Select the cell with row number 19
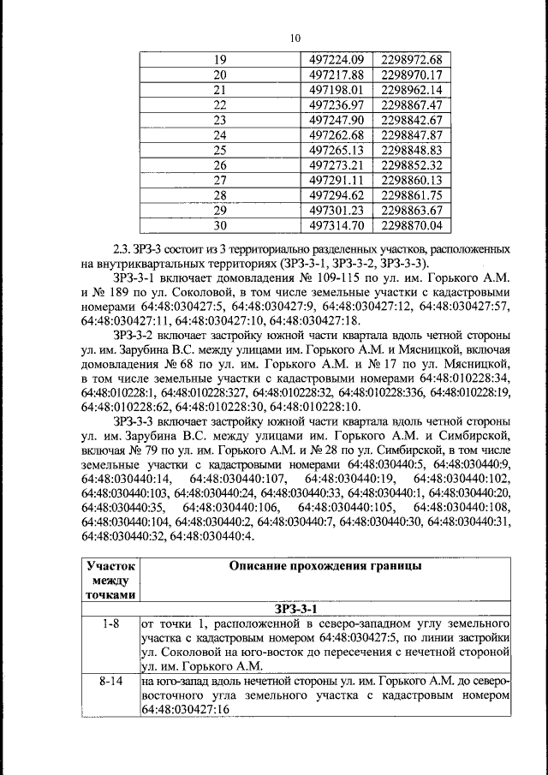click(x=219, y=60)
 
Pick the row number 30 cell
click(x=219, y=226)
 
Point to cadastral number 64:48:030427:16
click(x=188, y=711)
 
